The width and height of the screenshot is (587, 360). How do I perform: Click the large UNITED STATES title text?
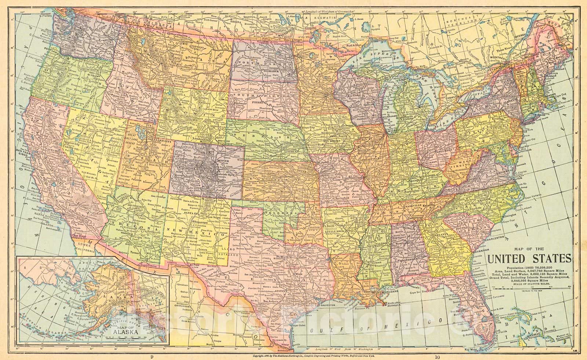[529, 258]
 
